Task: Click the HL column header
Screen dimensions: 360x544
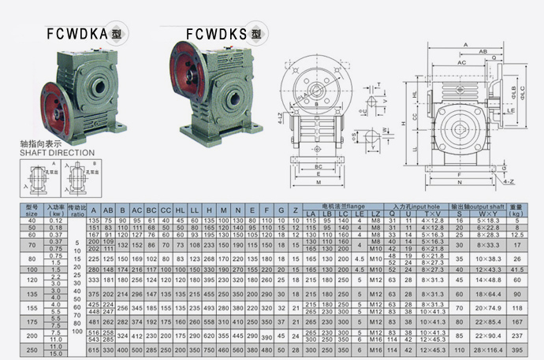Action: click(x=181, y=211)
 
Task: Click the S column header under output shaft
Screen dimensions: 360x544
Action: click(x=460, y=213)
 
